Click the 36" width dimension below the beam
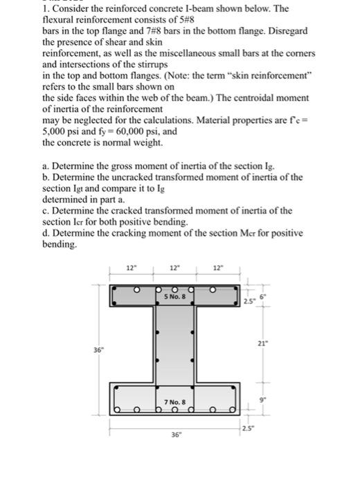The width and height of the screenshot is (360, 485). [174, 434]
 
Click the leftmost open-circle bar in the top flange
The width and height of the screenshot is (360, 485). [138, 288]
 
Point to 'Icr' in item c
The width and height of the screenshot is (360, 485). [89, 221]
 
